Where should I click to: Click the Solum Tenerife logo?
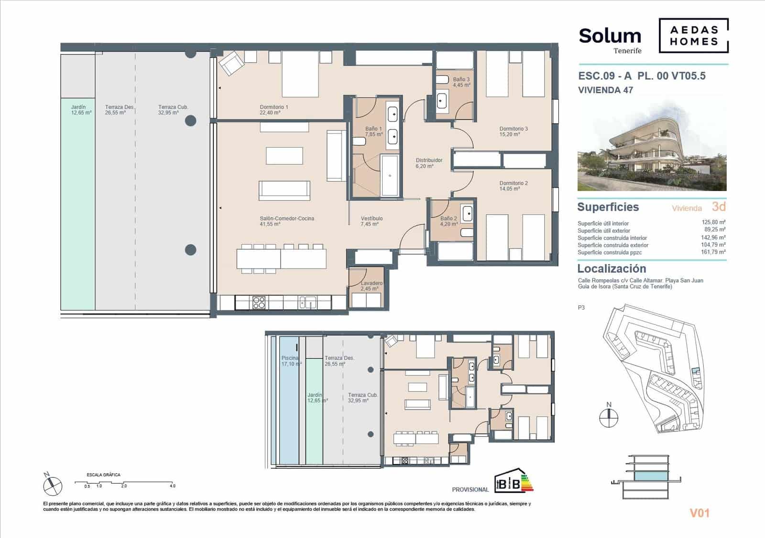[610, 39]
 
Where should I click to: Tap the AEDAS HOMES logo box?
[693, 35]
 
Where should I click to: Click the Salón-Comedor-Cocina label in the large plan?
[287, 221]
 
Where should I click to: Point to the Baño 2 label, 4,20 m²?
[448, 221]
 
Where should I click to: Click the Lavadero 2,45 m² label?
[371, 286]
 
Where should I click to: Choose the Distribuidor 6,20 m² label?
[429, 163]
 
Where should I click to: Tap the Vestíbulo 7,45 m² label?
[372, 221]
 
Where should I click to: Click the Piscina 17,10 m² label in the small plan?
[290, 361]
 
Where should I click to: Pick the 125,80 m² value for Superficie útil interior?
[714, 222]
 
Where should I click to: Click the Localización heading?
[612, 269]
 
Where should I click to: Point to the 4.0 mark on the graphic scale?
[172, 486]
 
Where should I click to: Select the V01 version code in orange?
[699, 513]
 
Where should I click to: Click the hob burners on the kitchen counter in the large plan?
[259, 302]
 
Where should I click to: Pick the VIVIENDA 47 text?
[605, 90]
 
